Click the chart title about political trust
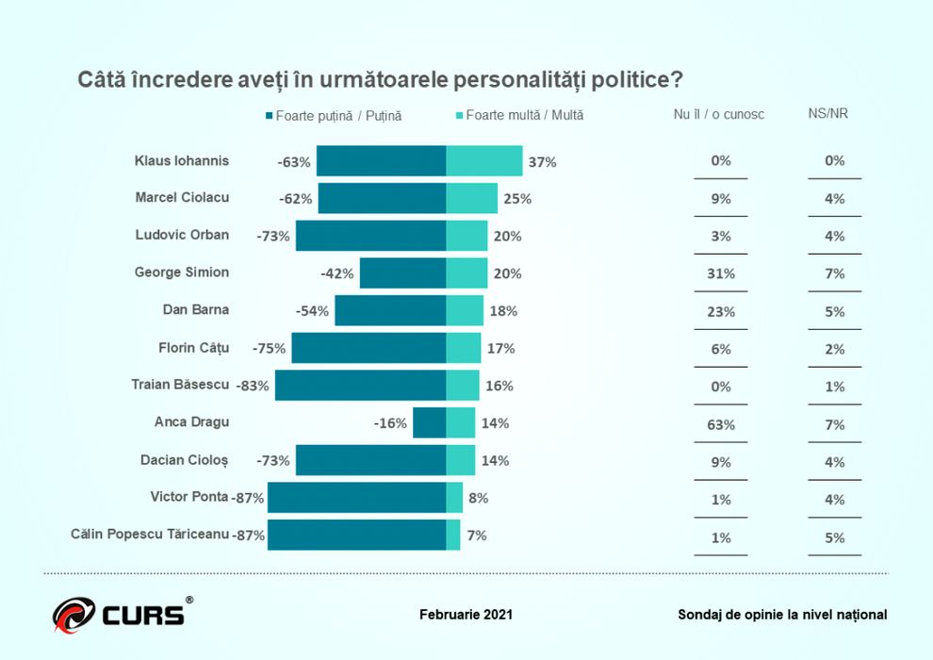pos(380,79)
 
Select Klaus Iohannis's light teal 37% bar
pos(483,161)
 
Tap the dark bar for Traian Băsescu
pos(360,386)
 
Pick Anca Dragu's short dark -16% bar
pos(429,423)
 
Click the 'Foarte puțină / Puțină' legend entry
pos(334,116)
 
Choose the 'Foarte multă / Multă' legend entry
pos(520,115)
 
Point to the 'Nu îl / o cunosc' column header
pos(719,114)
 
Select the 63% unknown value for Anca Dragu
pos(721,424)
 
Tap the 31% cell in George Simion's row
pos(721,273)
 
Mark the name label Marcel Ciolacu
pos(182,198)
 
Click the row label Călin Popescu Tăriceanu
pos(150,534)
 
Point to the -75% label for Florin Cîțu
pos(270,349)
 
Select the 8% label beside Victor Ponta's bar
pos(478,499)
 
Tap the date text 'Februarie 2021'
pos(466,615)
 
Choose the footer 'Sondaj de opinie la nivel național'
pos(782,615)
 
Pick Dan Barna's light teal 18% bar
pos(464,311)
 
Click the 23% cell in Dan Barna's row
pos(721,311)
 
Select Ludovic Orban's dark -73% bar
pos(370,236)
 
